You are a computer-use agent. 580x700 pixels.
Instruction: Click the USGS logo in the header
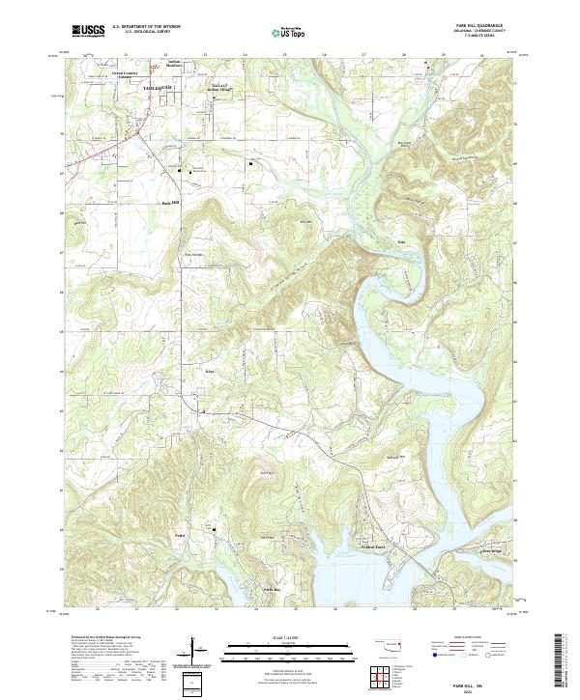(89, 31)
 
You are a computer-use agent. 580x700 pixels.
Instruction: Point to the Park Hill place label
(170, 202)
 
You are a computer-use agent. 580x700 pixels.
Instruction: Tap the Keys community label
(208, 368)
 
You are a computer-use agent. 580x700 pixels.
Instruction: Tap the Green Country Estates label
(122, 74)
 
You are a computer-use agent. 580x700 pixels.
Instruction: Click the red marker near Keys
(203, 412)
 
